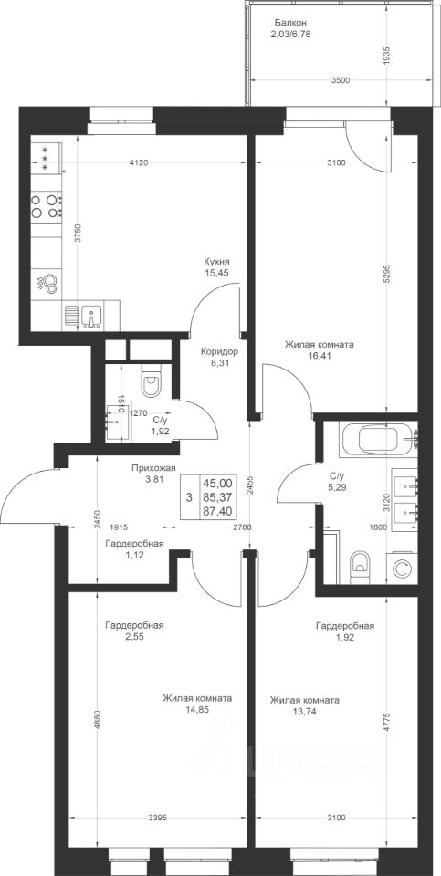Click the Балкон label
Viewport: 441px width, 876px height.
pos(290,23)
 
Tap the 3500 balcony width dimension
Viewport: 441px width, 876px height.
pos(340,80)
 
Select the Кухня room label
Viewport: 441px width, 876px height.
pos(217,262)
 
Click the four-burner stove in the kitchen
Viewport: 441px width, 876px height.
pos(46,205)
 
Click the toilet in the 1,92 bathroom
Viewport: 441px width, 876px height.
pos(151,381)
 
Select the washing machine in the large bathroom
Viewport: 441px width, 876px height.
pos(402,568)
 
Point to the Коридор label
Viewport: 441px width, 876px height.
pos(220,352)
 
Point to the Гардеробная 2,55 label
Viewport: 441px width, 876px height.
pos(134,631)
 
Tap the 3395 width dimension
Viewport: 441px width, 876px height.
pos(158,818)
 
